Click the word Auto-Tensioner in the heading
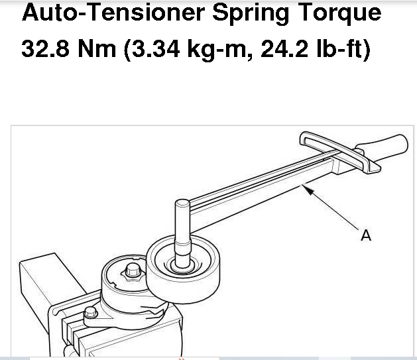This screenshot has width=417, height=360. [113, 13]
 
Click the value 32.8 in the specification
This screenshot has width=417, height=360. [45, 48]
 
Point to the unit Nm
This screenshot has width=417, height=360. [97, 48]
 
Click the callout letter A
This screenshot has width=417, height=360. [366, 235]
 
